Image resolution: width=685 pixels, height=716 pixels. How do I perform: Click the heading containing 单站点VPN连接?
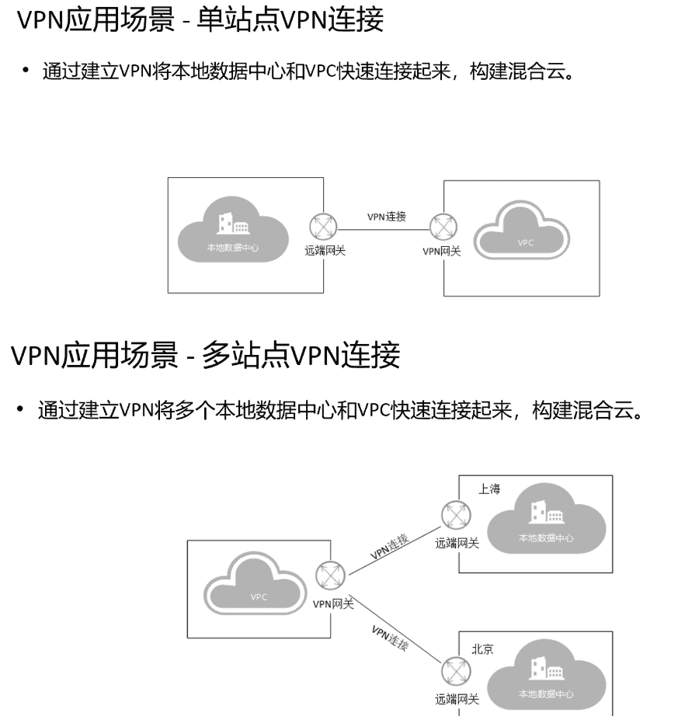click(200, 20)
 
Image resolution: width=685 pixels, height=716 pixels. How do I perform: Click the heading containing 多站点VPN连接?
click(205, 356)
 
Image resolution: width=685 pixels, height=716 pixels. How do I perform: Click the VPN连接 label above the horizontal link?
click(387, 217)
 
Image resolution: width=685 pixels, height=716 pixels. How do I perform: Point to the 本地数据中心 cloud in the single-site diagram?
click(232, 229)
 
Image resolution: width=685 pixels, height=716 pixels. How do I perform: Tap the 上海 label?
click(489, 489)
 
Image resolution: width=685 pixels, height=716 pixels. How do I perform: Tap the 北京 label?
click(482, 649)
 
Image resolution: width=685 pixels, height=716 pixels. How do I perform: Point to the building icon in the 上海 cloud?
click(541, 513)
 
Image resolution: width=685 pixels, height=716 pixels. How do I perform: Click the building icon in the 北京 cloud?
click(541, 667)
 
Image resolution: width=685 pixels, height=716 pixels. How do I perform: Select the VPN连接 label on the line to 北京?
click(389, 637)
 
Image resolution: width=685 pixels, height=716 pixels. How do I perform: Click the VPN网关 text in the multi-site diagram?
click(333, 603)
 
